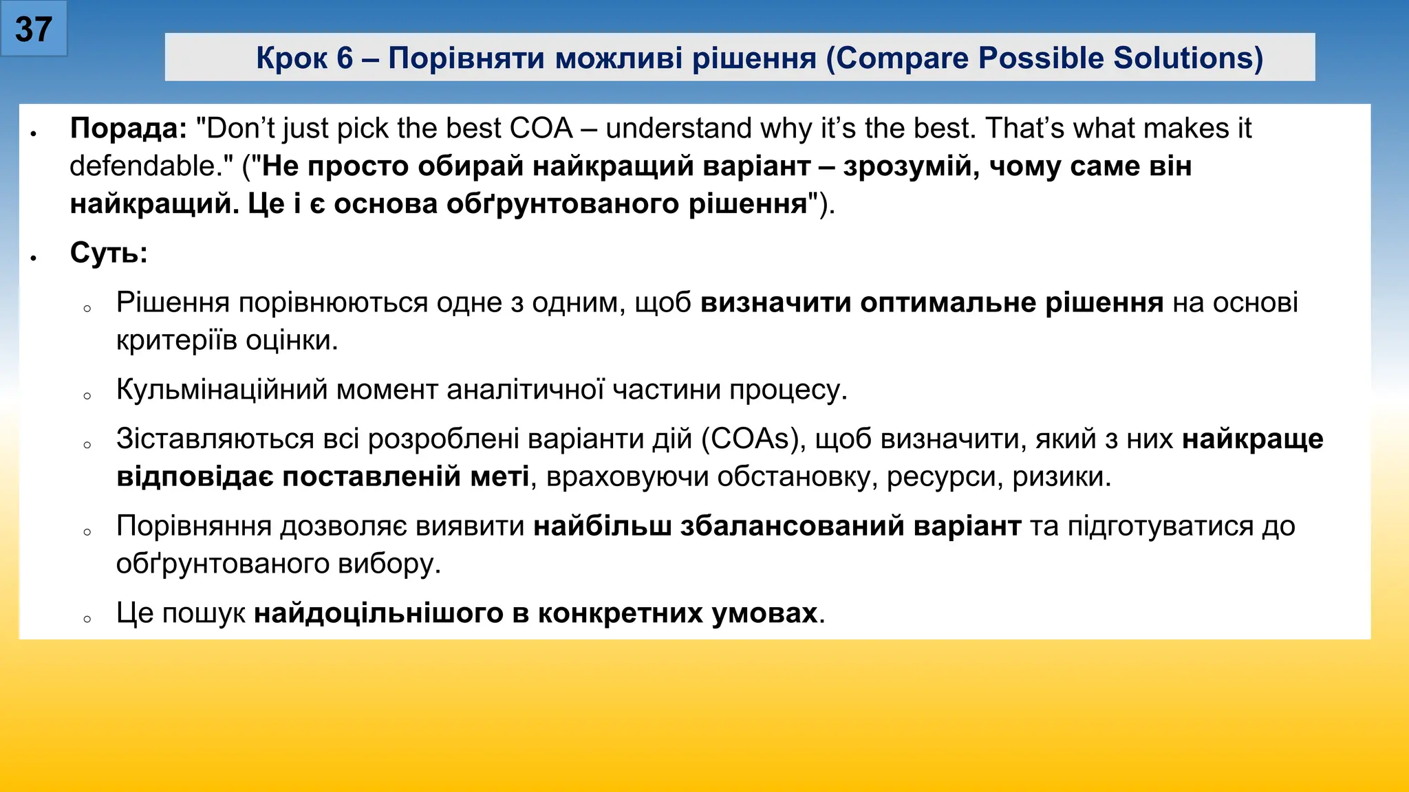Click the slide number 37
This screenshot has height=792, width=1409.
(33, 30)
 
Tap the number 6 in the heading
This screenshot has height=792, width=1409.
(345, 58)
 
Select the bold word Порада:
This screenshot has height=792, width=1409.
(129, 129)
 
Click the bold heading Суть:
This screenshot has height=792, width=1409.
(109, 253)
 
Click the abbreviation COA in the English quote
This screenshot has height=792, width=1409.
(541, 129)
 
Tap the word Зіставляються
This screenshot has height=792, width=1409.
(215, 439)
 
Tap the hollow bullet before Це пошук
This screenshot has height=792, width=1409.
(87, 619)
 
